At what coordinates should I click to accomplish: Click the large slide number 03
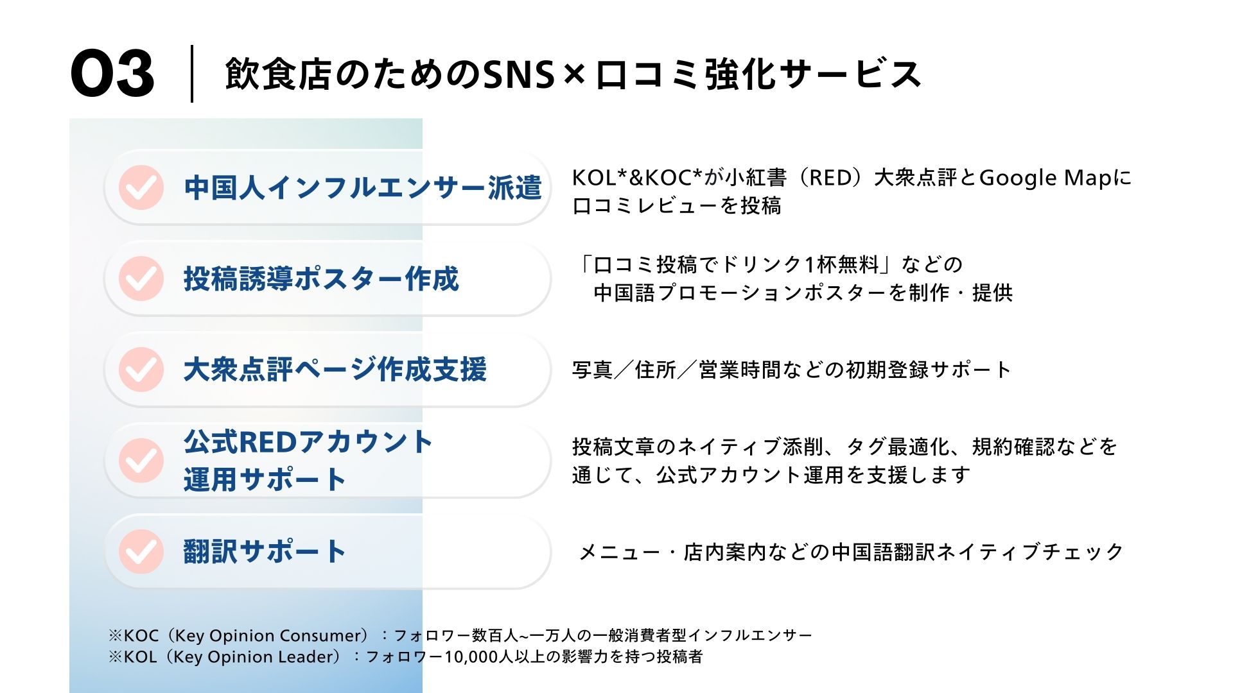(x=112, y=74)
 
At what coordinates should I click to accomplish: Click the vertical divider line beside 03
(x=192, y=73)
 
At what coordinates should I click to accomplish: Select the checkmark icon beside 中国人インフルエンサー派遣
(x=141, y=187)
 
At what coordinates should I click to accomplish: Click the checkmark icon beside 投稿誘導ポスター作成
(x=141, y=278)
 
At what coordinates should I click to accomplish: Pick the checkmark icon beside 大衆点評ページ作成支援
(x=141, y=370)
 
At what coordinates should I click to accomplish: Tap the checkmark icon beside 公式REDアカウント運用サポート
(x=141, y=461)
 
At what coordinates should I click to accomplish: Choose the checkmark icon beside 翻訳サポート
(x=141, y=552)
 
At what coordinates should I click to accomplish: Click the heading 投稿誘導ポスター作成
(x=321, y=278)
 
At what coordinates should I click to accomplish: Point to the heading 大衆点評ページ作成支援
(x=335, y=370)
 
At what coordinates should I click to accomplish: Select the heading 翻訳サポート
(x=265, y=552)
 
